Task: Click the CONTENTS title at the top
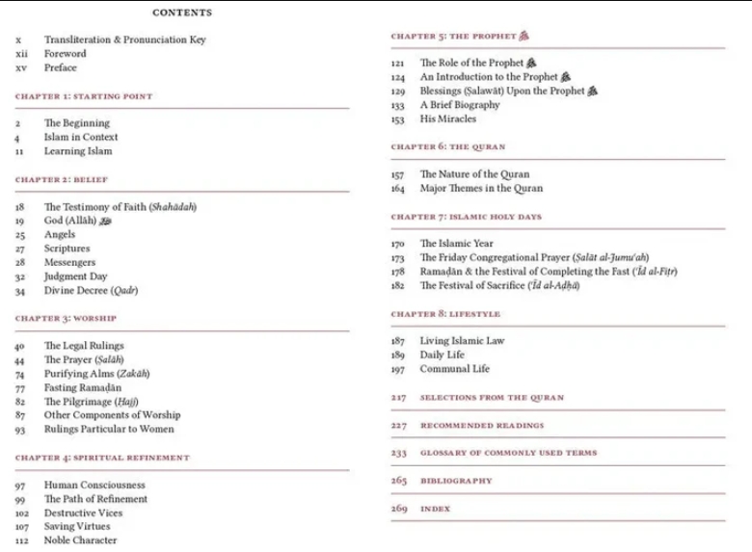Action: (x=182, y=13)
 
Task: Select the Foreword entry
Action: (x=65, y=54)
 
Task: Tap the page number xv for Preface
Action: (x=21, y=68)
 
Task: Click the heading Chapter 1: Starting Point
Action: (x=84, y=96)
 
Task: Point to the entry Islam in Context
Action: (x=81, y=138)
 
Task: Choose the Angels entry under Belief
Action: (x=60, y=235)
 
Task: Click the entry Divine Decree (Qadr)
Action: (x=91, y=291)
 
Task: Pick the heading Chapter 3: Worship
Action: (x=66, y=318)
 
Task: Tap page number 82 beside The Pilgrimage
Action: (x=20, y=402)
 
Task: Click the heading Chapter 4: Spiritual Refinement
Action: (x=102, y=458)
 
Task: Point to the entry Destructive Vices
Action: (x=83, y=513)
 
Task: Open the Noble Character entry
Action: (x=80, y=540)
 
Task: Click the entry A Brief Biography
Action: (x=460, y=105)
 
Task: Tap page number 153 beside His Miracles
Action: (x=397, y=119)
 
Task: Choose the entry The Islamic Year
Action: (x=456, y=244)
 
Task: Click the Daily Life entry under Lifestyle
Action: (x=442, y=355)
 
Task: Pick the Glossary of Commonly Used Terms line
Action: (x=508, y=453)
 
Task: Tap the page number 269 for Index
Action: (x=399, y=509)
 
